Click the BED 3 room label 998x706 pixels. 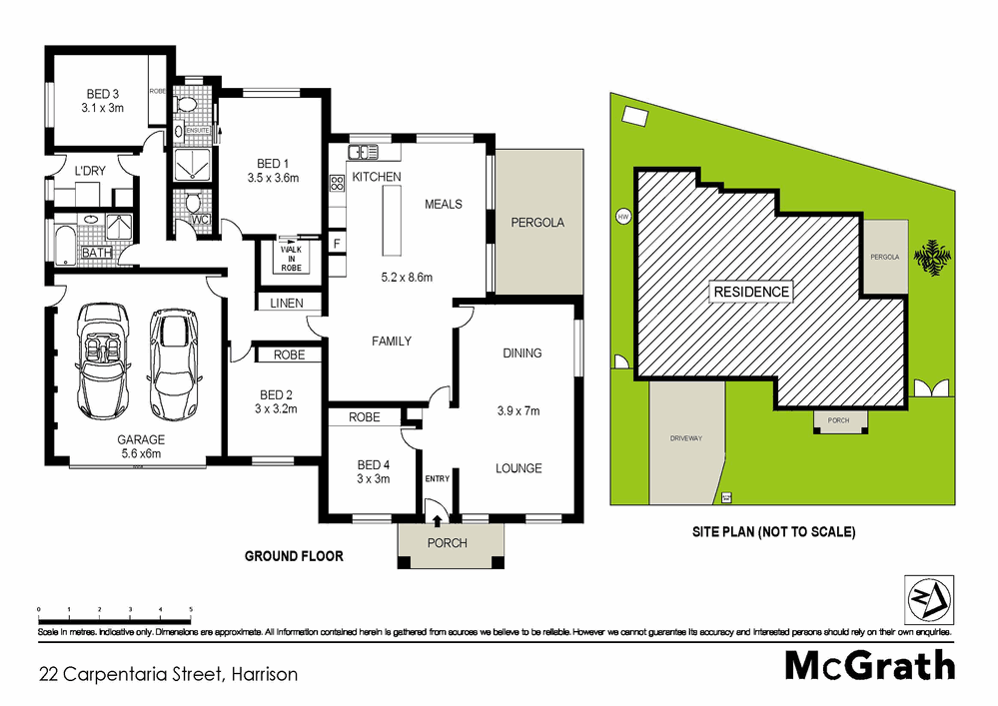click(x=103, y=95)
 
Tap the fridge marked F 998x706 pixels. click(x=337, y=245)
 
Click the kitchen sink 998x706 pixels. click(x=363, y=152)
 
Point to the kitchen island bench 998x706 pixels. click(x=389, y=222)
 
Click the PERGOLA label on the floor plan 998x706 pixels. click(x=536, y=223)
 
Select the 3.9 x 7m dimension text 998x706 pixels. click(x=517, y=410)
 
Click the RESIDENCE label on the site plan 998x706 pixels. click(x=751, y=292)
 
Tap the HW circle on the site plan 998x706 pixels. click(x=623, y=216)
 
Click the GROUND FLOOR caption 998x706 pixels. click(x=294, y=556)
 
